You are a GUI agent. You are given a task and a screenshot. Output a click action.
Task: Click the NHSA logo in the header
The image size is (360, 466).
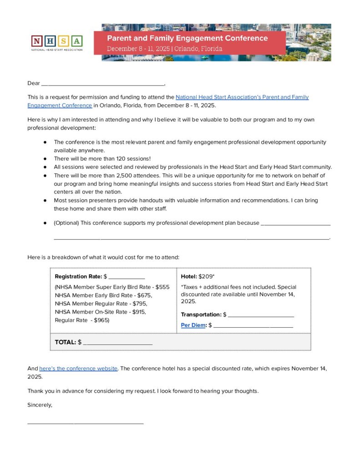(x=57, y=42)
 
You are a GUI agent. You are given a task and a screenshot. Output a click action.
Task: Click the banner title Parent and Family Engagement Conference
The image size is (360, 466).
(x=187, y=38)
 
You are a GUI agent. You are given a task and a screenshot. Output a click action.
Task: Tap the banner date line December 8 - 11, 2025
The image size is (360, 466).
(x=165, y=49)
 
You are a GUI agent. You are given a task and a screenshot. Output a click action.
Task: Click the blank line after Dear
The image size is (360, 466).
(x=102, y=84)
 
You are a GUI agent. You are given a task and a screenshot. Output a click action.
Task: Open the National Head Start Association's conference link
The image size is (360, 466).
(x=242, y=97)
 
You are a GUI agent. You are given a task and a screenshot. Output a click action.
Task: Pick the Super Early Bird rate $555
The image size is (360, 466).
(x=162, y=287)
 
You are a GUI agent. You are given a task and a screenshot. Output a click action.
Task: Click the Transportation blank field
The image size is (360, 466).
(x=261, y=315)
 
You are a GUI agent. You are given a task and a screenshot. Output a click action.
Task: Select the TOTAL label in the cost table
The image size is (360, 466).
(x=66, y=342)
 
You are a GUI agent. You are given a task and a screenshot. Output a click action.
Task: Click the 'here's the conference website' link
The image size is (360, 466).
(x=78, y=368)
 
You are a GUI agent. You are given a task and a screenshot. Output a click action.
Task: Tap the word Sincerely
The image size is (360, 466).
(x=40, y=405)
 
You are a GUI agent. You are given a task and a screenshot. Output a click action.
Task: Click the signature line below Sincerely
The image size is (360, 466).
(x=85, y=423)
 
